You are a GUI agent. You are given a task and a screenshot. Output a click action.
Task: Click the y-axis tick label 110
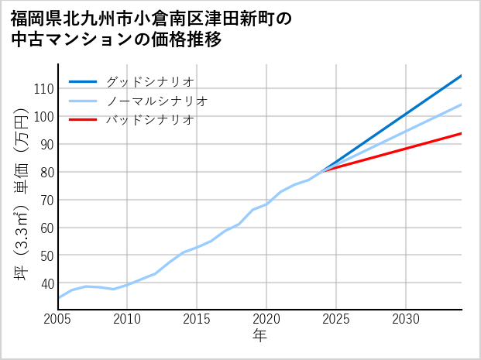click(43, 89)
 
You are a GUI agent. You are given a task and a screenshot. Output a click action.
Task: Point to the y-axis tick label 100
click(43, 117)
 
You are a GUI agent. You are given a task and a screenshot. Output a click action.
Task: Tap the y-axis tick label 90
click(45, 145)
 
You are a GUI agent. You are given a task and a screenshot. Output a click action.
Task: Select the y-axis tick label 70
click(45, 201)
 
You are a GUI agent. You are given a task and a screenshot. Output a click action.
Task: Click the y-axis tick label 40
click(45, 284)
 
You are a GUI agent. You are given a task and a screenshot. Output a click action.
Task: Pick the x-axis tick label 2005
click(58, 319)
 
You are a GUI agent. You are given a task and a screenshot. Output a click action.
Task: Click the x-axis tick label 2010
click(128, 319)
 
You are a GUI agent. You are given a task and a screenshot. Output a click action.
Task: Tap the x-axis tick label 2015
click(198, 319)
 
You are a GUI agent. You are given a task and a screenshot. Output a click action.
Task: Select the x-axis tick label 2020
click(266, 319)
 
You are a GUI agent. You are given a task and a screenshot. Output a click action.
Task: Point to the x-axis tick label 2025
click(336, 319)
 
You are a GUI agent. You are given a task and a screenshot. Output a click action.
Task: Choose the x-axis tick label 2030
click(406, 319)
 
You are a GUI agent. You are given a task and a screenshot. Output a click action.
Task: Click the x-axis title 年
click(260, 336)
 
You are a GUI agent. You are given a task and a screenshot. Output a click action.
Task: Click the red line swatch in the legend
click(84, 120)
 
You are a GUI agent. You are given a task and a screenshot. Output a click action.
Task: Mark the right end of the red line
click(462, 133)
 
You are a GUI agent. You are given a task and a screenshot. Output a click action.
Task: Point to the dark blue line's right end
click(462, 75)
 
